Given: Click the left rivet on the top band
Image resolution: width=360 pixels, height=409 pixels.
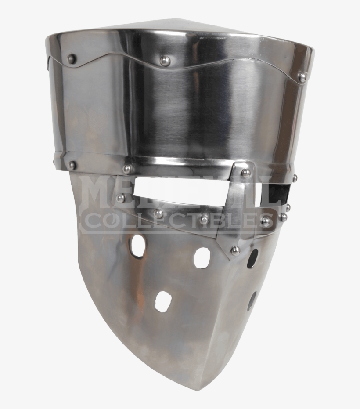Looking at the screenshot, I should (x=71, y=58).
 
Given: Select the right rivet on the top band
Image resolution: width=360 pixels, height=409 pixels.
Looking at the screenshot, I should (x=302, y=77).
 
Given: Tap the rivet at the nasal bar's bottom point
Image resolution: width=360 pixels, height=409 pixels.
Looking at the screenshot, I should (x=235, y=250).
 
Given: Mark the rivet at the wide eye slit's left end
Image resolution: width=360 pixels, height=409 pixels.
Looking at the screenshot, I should (x=120, y=198).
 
